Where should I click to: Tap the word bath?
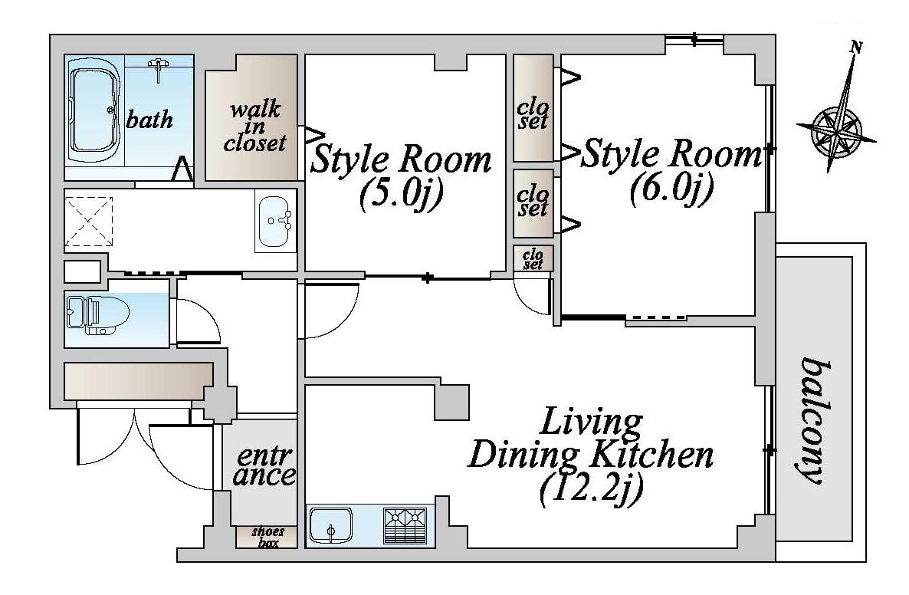coord(149,120)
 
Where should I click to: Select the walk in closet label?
coord(254,127)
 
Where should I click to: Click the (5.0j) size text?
coord(401,194)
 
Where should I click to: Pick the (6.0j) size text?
coord(671,189)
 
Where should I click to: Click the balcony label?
coord(815,420)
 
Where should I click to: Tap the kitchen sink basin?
coord(330,526)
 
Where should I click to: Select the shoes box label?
coord(267,537)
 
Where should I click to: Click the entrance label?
coord(264,466)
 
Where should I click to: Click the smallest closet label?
coord(533,258)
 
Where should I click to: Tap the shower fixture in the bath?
coord(157,68)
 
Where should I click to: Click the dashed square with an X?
coord(88,221)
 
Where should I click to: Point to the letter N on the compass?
coord(856,48)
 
